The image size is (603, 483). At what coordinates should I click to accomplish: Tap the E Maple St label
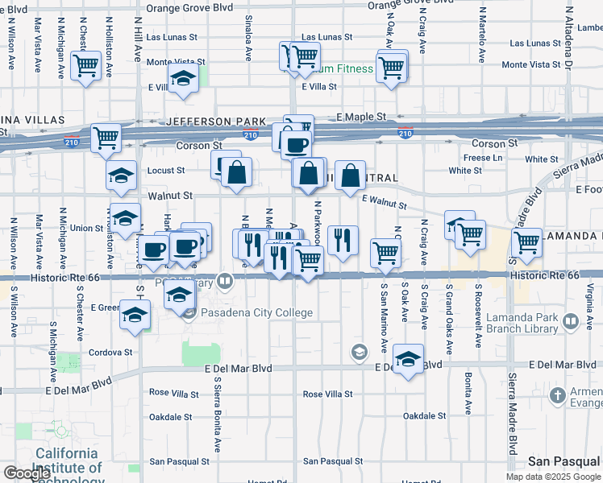[x=361, y=118]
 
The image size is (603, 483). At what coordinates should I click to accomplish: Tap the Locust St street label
[x=166, y=171]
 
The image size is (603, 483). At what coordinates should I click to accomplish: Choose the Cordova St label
[x=110, y=353]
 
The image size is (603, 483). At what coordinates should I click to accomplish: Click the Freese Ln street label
[x=482, y=158]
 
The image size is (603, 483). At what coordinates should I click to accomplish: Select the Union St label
[x=87, y=228]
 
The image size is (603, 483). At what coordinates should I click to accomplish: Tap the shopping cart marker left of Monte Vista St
[x=86, y=65]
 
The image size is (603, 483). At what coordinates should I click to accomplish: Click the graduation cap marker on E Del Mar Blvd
[x=410, y=360]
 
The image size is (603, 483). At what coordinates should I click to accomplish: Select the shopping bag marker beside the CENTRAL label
[x=351, y=175]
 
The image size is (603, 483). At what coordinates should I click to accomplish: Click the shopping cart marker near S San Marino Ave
[x=385, y=252]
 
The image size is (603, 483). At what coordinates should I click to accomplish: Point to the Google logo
[x=26, y=474]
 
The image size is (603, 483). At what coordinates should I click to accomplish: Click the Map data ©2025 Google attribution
[x=553, y=477]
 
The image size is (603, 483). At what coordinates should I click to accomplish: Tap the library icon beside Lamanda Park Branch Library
[x=571, y=322]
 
